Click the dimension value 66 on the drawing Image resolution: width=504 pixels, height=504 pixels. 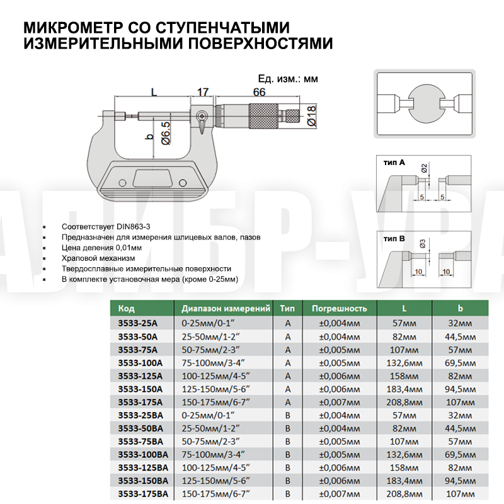pos(259,92)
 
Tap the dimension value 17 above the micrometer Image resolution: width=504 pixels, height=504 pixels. pos(202,92)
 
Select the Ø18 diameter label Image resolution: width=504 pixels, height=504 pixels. pos(311,117)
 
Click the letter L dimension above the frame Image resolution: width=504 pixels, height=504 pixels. pos(153,92)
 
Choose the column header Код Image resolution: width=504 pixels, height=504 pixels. pos(127,309)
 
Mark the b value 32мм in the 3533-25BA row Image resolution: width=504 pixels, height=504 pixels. pos(459,415)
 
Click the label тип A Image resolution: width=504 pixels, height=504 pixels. pos(394,163)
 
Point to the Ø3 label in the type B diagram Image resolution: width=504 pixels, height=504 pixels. pos(423,242)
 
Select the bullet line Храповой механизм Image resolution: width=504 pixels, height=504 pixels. pos(98,258)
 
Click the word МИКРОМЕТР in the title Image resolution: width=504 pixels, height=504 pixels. pos(72,28)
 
